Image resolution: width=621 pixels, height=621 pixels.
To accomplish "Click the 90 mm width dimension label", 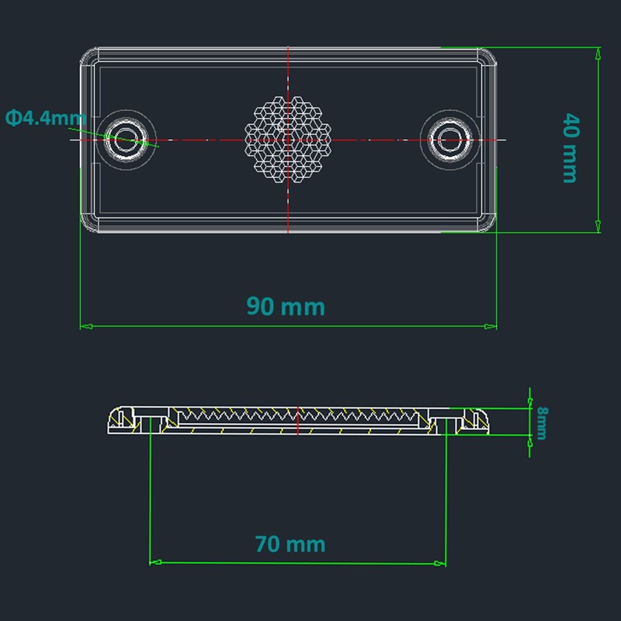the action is [x=286, y=306].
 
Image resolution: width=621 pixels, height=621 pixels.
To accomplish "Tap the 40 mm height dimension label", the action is [x=571, y=147].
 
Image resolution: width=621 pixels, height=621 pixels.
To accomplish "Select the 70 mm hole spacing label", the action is [x=290, y=544].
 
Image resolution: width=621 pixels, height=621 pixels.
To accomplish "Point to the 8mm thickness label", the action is [x=542, y=423].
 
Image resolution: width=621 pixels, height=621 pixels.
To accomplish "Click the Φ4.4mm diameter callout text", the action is [x=46, y=118].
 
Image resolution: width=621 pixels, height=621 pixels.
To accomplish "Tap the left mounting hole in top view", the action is [x=126, y=140].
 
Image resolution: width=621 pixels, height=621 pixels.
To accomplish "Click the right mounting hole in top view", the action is [x=450, y=140].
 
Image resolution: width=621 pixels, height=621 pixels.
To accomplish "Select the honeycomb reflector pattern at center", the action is [x=288, y=140].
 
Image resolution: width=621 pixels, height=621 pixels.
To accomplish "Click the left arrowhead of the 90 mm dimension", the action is [x=86, y=326].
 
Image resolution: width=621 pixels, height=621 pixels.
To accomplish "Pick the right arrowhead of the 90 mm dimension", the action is [x=491, y=326].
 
